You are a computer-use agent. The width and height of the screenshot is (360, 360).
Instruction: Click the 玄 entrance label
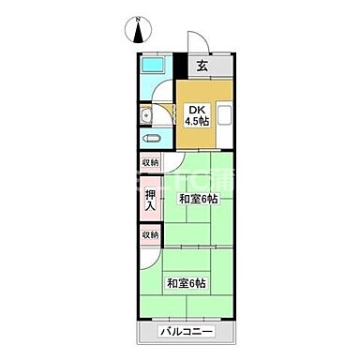202,66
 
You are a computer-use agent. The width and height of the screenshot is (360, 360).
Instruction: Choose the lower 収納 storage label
151,234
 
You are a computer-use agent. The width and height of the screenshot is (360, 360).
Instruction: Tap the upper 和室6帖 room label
199,199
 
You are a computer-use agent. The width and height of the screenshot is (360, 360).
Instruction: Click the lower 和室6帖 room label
187,284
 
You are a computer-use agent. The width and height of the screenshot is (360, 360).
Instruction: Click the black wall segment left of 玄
184,66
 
